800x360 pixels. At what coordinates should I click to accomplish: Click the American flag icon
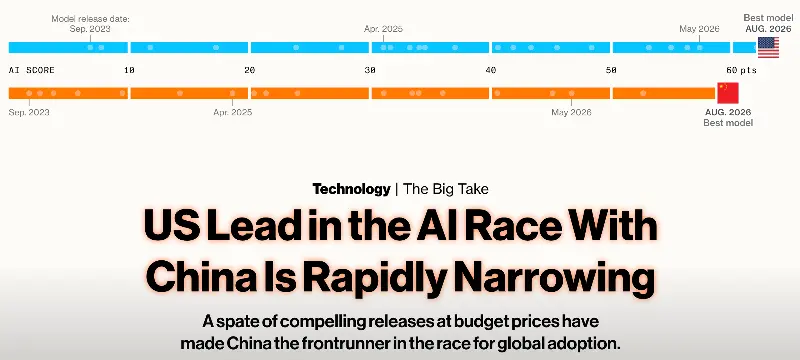tap(768, 47)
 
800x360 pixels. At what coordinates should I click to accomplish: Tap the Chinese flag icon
tap(728, 93)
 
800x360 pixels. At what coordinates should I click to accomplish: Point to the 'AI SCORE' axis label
tap(32, 70)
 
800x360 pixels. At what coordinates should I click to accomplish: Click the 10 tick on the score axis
tap(129, 70)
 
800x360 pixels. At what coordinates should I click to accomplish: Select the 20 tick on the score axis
tap(249, 70)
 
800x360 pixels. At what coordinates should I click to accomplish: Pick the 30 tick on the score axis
tap(370, 70)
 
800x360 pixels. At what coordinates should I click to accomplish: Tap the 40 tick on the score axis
tap(491, 70)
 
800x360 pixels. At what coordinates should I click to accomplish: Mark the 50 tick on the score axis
tap(611, 70)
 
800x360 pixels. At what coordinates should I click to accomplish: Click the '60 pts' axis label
tap(742, 70)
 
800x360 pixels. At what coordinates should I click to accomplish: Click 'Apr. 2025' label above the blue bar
tap(383, 29)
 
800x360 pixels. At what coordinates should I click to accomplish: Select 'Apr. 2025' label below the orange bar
tap(233, 112)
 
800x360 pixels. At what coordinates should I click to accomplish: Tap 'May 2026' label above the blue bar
tap(699, 29)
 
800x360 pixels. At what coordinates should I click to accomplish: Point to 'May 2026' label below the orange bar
tap(571, 112)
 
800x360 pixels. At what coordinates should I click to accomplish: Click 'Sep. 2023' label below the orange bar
tap(29, 112)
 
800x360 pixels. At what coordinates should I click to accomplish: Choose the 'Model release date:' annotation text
tap(90, 19)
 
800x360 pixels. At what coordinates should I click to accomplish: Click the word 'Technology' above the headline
tap(352, 189)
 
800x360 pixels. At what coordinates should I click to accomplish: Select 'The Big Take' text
tap(446, 189)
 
